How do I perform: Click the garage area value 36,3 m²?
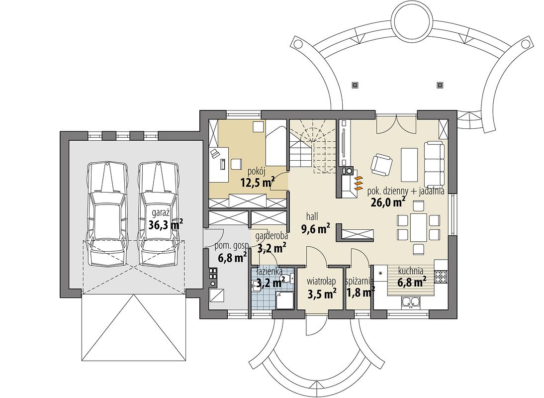(166, 225)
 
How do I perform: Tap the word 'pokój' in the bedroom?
(257, 171)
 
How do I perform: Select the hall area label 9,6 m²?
(316, 229)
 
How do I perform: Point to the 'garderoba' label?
(272, 236)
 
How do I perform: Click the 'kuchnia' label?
(410, 270)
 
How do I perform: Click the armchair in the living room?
(381, 164)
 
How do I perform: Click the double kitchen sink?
(412, 302)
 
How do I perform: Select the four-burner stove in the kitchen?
(441, 276)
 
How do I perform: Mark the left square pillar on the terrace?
(355, 85)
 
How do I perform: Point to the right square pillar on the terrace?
(440, 85)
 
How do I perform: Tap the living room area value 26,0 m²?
(389, 202)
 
